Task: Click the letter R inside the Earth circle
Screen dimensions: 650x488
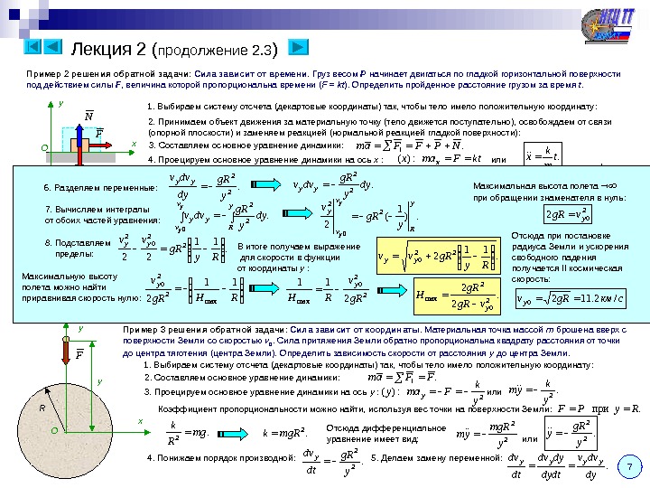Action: click(41, 408)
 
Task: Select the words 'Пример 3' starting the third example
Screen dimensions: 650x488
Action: click(141, 331)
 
